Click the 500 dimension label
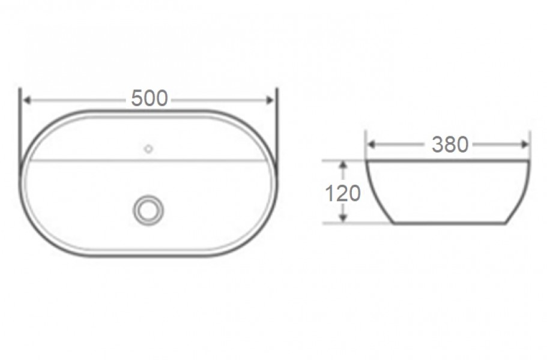[x=150, y=98]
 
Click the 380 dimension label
[x=450, y=144]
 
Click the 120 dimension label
[x=343, y=193]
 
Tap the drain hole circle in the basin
[x=148, y=210]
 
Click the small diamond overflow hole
[x=149, y=149]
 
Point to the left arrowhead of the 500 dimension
[x=26, y=100]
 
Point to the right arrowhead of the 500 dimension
[x=270, y=100]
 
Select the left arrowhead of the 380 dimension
[x=372, y=144]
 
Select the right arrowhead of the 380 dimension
[x=525, y=144]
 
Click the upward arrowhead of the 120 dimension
[x=343, y=165]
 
